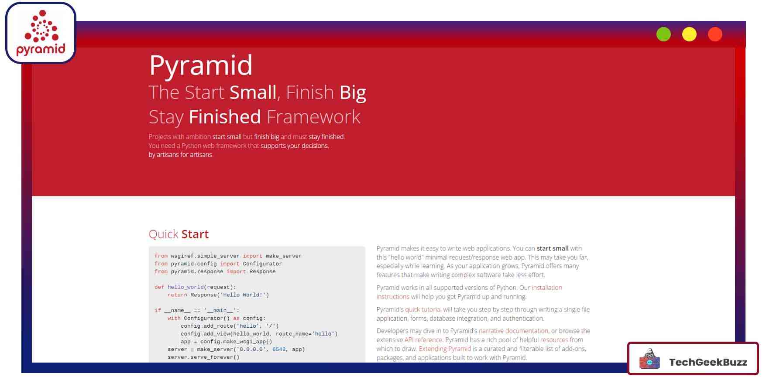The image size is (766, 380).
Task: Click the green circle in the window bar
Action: pos(663,34)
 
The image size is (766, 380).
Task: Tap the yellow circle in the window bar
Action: pos(689,34)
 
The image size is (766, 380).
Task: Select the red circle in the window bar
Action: pos(715,34)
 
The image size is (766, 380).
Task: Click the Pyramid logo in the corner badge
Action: pos(41,33)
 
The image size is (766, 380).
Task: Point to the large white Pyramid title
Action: pos(201,65)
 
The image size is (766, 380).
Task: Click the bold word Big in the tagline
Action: pos(353,93)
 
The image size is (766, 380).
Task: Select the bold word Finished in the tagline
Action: pos(225,117)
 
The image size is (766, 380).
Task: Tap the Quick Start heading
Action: pos(179,234)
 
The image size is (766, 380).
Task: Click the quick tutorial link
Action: pos(423,309)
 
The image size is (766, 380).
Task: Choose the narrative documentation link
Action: pos(513,331)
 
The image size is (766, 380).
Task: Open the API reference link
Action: pos(423,339)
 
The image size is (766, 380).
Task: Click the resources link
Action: pos(554,339)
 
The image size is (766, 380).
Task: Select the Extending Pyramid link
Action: pos(445,349)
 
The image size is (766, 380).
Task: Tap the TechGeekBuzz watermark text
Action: pos(708,362)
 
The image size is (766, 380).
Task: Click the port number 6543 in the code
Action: pos(279,349)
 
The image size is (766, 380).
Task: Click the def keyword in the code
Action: pos(159,287)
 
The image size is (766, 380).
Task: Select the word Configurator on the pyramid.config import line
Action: pos(262,264)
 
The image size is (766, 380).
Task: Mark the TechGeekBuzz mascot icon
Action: pos(649,359)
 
